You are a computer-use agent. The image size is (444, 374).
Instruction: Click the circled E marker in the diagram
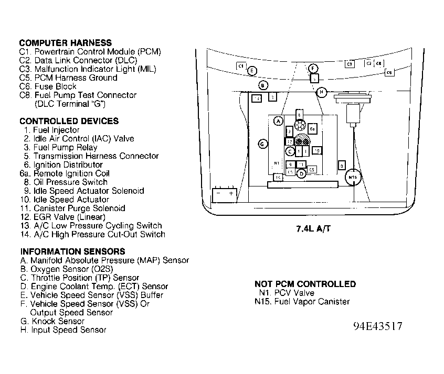point(252,71)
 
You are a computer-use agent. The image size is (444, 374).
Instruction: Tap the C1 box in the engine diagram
point(241,67)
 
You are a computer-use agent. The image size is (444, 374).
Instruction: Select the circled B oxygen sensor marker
point(263,85)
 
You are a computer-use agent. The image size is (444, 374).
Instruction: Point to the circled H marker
point(322,92)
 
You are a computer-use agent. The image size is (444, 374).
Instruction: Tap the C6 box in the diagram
point(389,73)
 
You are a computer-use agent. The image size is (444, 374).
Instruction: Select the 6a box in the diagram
point(312,128)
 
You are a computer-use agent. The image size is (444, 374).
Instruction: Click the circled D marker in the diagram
point(301,173)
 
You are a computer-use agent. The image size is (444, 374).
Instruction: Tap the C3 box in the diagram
point(350,64)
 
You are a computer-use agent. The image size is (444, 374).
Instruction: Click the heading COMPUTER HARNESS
point(66,43)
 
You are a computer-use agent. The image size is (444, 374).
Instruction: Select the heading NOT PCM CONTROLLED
point(305,284)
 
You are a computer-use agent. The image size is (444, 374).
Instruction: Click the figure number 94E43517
point(378,326)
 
